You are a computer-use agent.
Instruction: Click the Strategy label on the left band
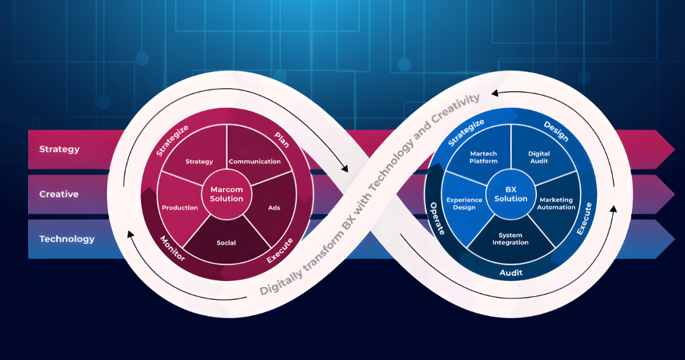point(59,149)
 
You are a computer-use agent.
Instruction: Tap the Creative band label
point(59,194)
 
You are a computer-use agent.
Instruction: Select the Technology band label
point(67,238)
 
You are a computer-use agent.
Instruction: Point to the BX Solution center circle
point(511,194)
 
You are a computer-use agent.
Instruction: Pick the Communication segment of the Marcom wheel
point(254,161)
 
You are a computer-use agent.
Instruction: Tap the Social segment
point(226,243)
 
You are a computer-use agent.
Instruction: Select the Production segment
point(180,207)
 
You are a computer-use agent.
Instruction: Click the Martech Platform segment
point(483,156)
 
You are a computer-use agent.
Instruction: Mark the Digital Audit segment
point(539,157)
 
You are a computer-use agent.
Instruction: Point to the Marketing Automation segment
point(557,204)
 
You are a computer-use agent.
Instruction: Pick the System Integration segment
point(510,239)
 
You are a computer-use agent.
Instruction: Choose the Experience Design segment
point(465,204)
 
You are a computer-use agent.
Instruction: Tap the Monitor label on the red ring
point(172,248)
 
